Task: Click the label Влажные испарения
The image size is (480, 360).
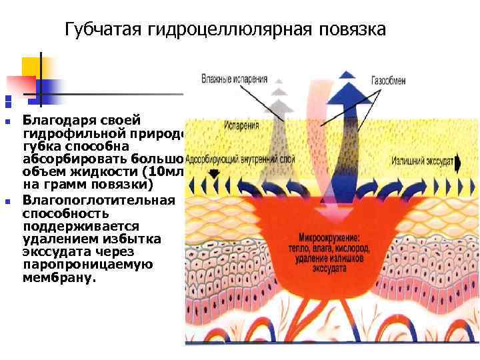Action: coord(234,79)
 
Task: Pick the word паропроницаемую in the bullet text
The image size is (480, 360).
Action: coord(87,265)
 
